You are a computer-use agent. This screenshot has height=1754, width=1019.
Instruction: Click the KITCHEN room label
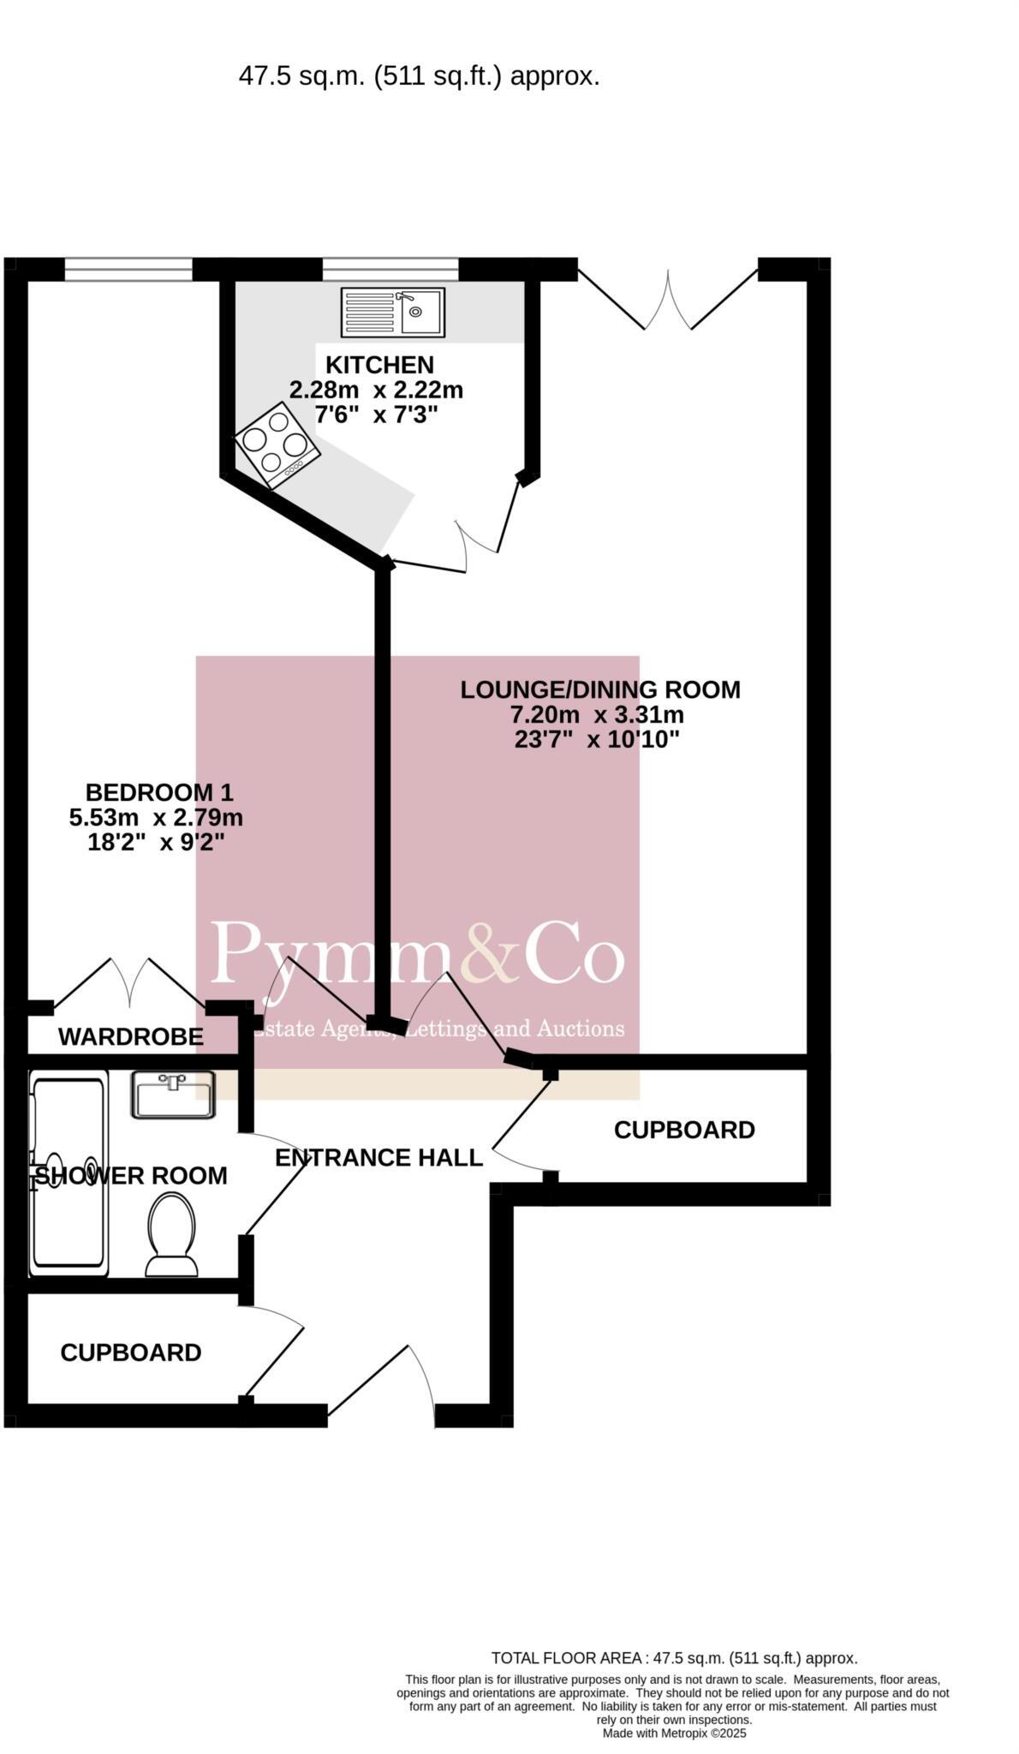(379, 365)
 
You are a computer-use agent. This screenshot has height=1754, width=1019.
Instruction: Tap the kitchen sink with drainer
(392, 312)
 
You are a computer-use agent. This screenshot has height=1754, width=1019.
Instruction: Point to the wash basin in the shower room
(173, 1094)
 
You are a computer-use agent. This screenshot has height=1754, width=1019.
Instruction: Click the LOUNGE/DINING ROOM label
(599, 689)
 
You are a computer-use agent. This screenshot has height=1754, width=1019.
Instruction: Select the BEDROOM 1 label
(159, 792)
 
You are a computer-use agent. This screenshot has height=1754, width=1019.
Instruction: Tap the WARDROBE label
(131, 1037)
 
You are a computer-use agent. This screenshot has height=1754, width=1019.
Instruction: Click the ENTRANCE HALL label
(378, 1158)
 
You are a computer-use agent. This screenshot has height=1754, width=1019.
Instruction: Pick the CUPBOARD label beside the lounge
(684, 1131)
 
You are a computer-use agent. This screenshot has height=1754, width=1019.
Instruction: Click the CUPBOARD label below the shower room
(131, 1352)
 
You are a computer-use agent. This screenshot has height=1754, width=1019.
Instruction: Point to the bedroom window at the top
(128, 269)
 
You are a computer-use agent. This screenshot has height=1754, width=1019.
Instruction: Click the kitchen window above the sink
(390, 269)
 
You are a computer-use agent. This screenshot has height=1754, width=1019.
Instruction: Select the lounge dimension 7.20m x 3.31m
(597, 714)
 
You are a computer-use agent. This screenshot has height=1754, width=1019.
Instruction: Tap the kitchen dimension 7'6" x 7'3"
(376, 415)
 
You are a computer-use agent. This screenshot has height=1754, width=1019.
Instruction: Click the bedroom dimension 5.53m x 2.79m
(156, 817)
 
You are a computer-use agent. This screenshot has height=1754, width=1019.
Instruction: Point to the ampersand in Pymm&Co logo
(491, 952)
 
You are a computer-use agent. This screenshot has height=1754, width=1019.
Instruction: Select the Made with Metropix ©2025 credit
(674, 1733)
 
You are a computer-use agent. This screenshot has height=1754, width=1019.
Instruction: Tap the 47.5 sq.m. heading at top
(419, 77)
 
